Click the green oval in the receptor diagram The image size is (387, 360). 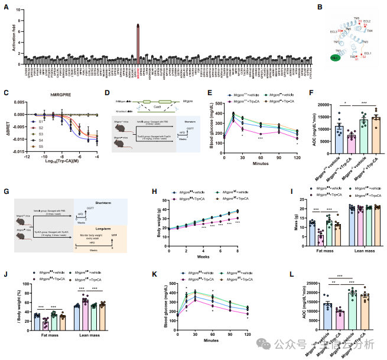336,59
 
